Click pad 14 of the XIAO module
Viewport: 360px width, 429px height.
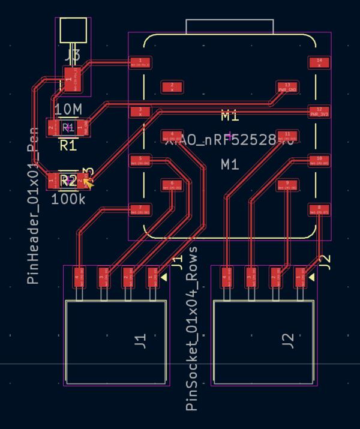[x=319, y=62]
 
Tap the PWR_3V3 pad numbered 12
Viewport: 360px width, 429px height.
[x=319, y=112]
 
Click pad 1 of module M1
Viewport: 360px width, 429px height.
[x=140, y=62]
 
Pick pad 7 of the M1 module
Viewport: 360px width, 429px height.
[x=140, y=210]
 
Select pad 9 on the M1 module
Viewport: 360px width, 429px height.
[x=287, y=185]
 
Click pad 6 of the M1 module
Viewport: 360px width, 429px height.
[x=172, y=185]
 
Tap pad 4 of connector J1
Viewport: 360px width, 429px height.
[x=78, y=278]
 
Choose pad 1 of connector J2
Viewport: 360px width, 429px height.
[x=299, y=278]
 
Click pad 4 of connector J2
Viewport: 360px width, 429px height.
[x=225, y=278]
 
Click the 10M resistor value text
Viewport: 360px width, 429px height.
[x=68, y=109]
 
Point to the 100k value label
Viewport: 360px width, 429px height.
[x=68, y=199]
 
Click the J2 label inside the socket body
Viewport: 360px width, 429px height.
[x=289, y=341]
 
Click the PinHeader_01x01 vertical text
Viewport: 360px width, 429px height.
[x=34, y=207]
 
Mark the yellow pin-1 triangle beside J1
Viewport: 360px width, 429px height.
[x=163, y=278]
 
